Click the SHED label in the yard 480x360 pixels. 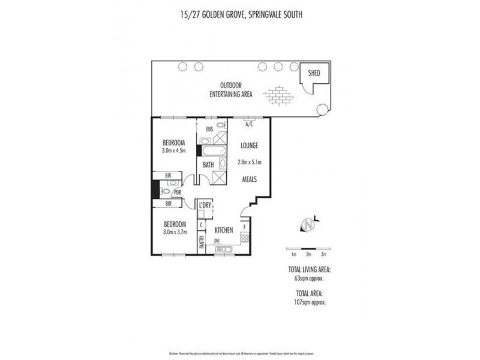pos(314,73)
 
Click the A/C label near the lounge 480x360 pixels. pos(249,125)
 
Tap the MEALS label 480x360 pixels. pos(249,179)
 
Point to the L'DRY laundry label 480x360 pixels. pos(206,205)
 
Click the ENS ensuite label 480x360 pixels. pos(209,129)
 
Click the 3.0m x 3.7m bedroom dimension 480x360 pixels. pos(174,232)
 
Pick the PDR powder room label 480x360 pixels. pos(178,193)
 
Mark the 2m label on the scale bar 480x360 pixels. pos(308,254)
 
